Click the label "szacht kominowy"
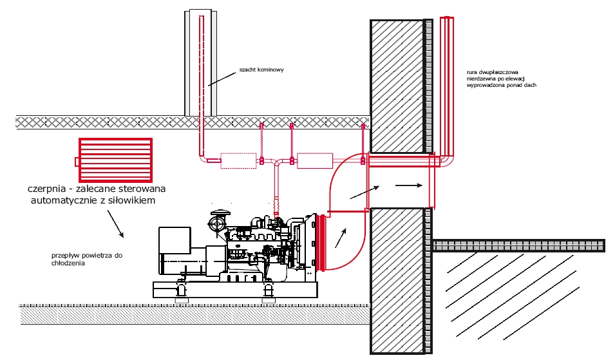tap(261, 70)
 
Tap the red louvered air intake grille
tap(115, 160)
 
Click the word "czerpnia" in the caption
tap(46, 189)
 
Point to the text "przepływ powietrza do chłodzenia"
tap(87, 260)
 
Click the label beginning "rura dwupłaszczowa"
tap(501, 79)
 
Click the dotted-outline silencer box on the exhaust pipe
tap(238, 161)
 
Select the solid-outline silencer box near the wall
tap(315, 161)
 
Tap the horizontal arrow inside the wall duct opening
tap(409, 185)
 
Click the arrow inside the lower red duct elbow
tap(341, 238)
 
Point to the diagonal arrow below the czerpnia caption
tap(115, 224)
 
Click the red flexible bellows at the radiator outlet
tap(321, 242)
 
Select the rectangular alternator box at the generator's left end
tap(175, 250)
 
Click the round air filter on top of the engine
tap(217, 223)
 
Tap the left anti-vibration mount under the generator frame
tap(181, 291)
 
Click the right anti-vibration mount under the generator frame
tap(269, 291)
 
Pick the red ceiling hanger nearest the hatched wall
tap(363, 144)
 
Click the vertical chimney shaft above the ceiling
tap(200, 62)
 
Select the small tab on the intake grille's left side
tap(77, 162)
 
